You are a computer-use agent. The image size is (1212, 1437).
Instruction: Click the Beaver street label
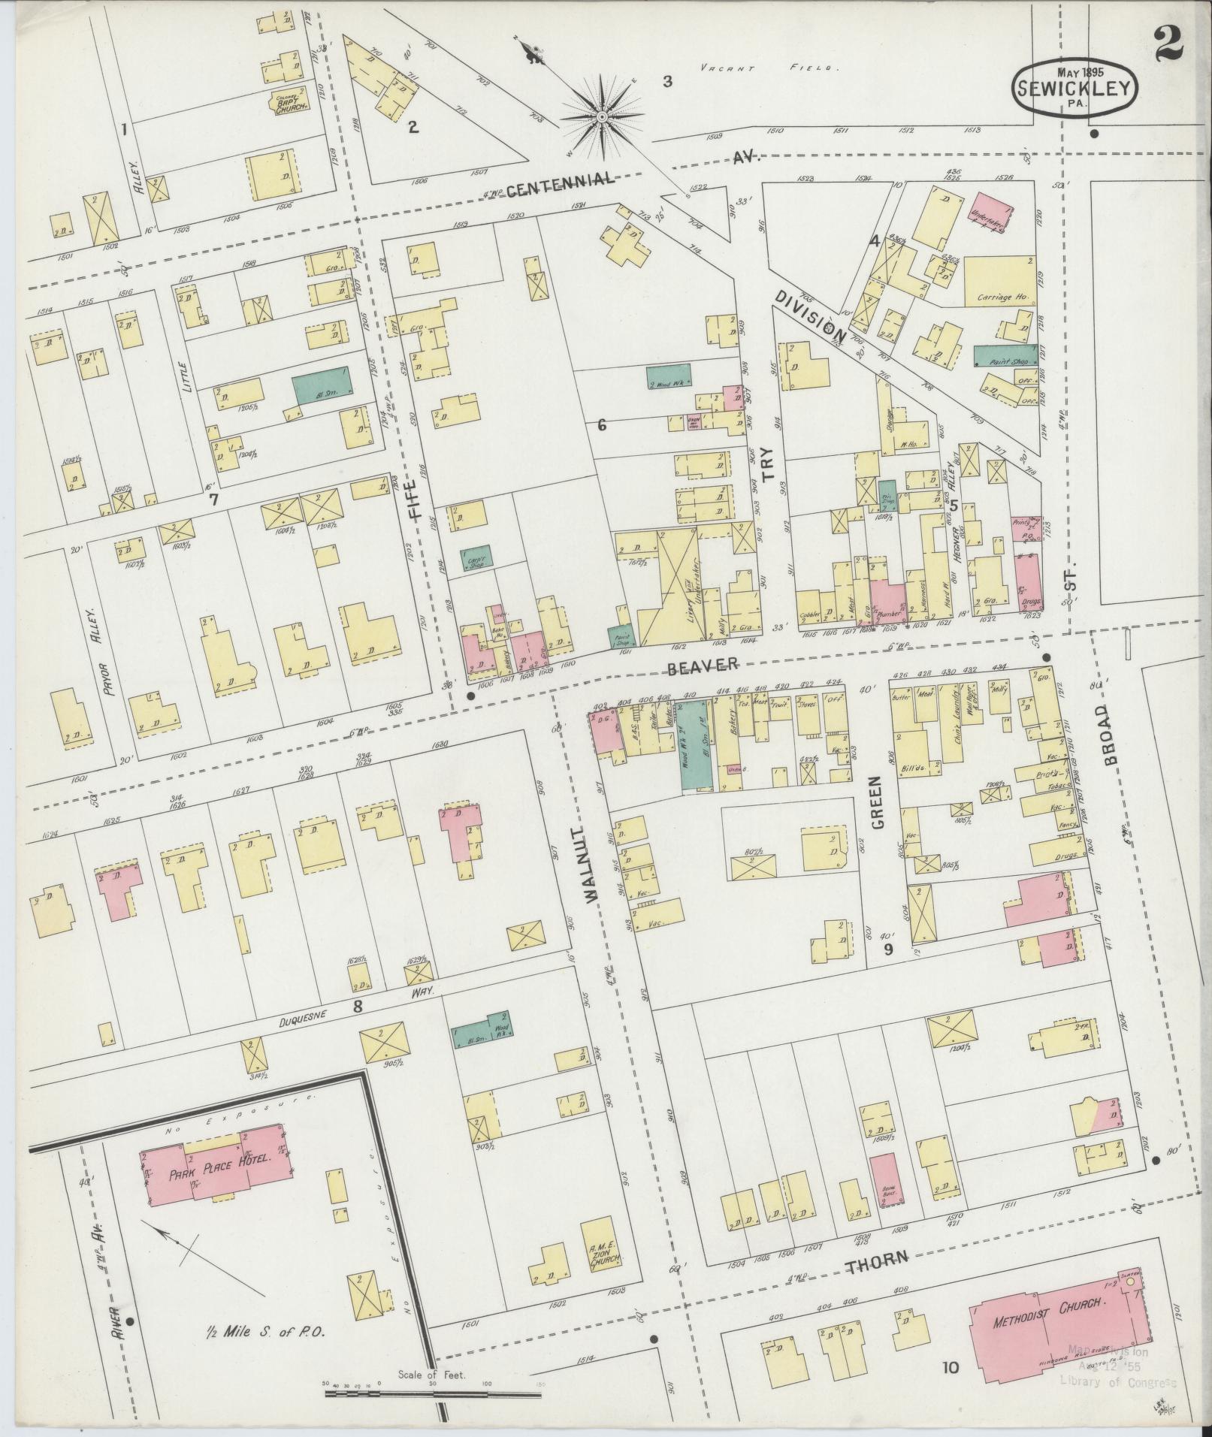tap(702, 664)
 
